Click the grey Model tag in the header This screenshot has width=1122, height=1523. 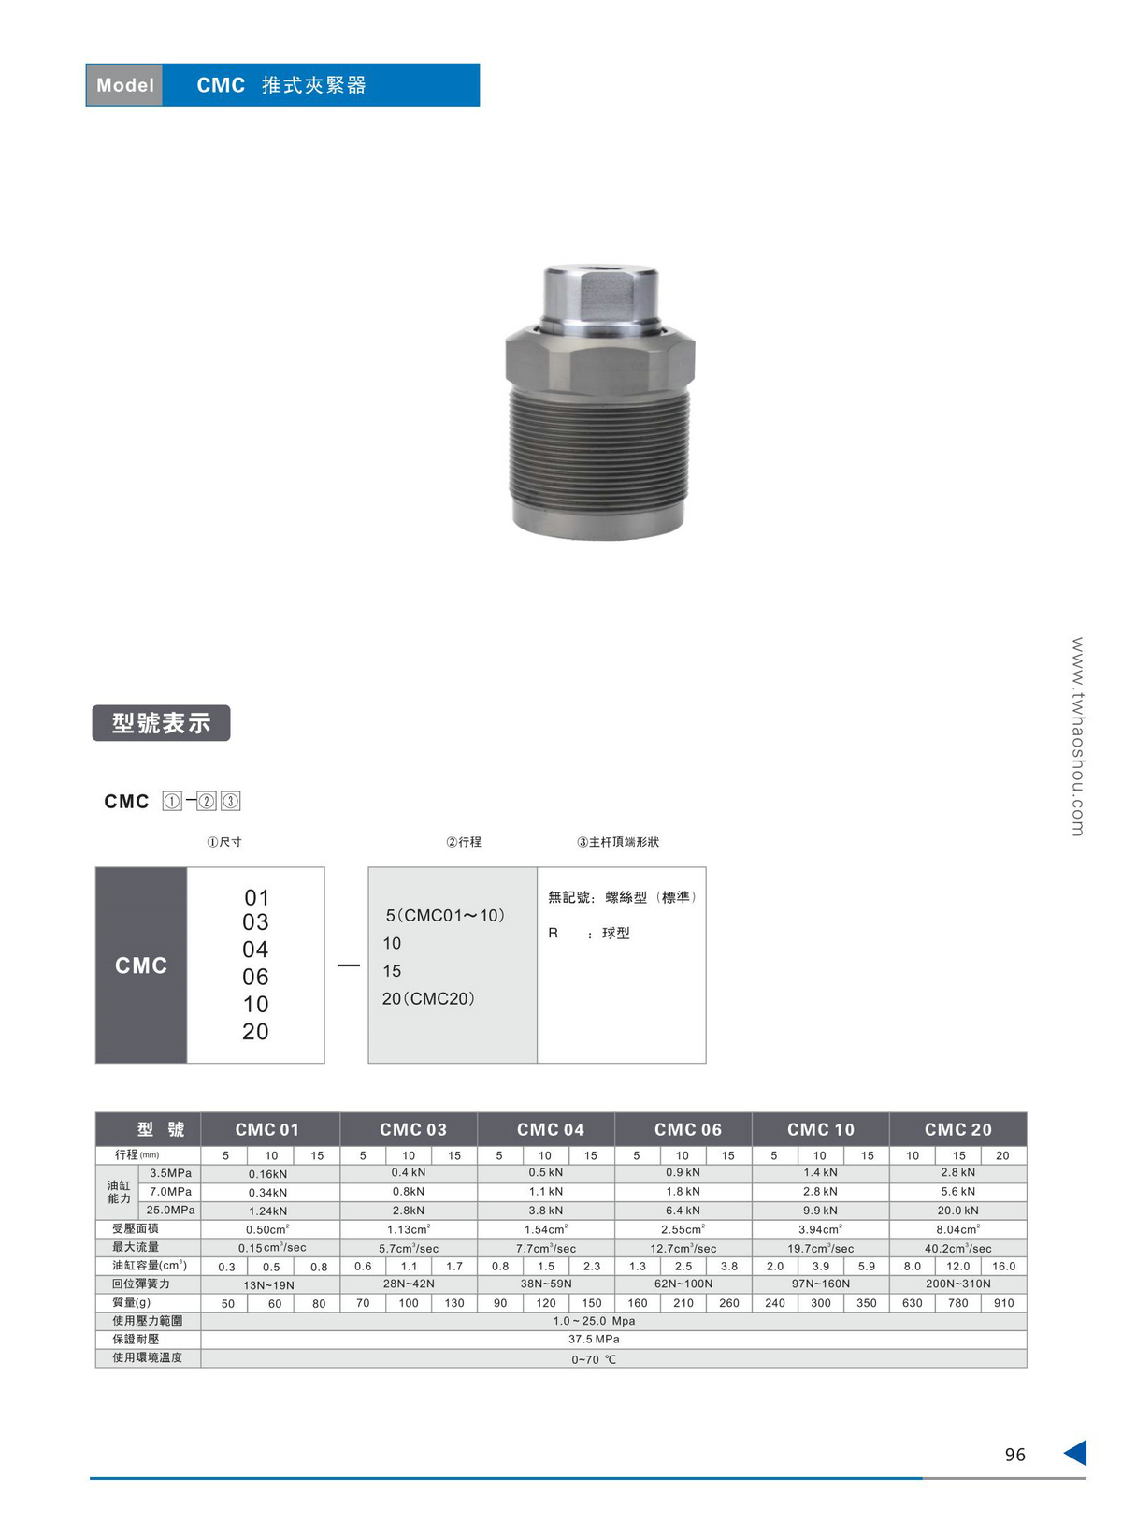[124, 85]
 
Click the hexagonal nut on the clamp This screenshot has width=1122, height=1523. [600, 360]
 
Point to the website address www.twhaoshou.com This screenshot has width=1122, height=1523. [1078, 736]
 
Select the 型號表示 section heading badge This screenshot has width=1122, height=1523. [161, 723]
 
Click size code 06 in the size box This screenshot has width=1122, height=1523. [255, 977]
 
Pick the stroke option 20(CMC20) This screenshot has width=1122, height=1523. [428, 999]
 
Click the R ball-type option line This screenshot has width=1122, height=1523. [588, 934]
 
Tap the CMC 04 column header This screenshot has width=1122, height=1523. [551, 1129]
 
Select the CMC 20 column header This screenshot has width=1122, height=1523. [958, 1129]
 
